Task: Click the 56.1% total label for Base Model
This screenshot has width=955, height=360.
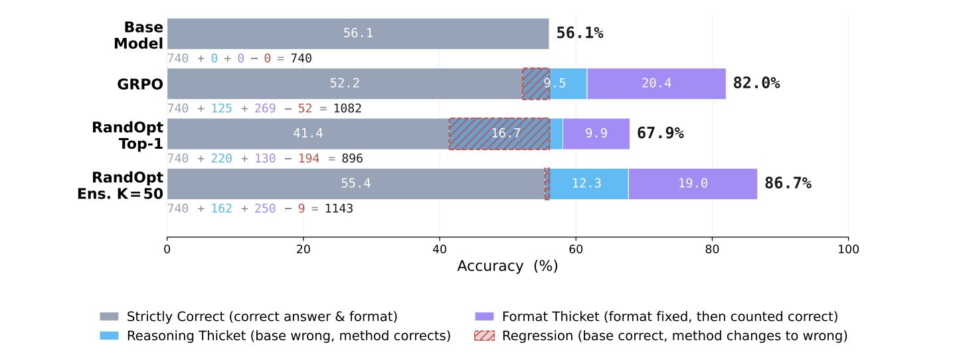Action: coord(579,33)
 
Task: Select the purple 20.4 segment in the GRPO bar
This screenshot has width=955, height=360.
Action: coord(656,84)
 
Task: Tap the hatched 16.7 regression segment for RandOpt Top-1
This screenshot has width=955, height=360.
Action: coord(499,134)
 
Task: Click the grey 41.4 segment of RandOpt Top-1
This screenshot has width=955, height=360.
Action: coord(307,134)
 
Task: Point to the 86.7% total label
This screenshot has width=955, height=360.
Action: coord(788,183)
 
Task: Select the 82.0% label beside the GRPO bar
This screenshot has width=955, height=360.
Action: coord(756,84)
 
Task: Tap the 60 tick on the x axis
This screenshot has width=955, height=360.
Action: coord(576,249)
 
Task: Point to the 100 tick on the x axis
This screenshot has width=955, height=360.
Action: coord(848,249)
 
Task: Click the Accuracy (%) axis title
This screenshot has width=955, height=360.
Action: coord(507,266)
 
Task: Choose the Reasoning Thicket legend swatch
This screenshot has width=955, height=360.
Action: coord(109,336)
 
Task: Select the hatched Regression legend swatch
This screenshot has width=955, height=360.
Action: coord(484,336)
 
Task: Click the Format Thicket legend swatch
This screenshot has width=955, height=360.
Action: coord(484,317)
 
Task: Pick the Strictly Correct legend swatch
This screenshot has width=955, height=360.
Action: coord(109,317)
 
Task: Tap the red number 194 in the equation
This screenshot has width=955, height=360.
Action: coord(308,159)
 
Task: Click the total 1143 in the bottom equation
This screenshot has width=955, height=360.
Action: coord(339,209)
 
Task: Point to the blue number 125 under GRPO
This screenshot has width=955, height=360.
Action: coord(221,108)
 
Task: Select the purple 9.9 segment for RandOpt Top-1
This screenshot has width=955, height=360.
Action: coord(596,134)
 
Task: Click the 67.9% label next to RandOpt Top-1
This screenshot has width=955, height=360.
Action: coord(660,134)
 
